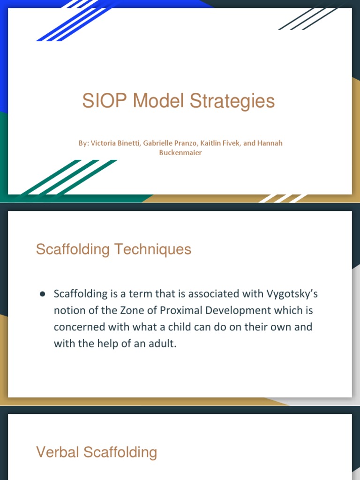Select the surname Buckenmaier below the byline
click(180, 153)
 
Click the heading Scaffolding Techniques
click(113, 249)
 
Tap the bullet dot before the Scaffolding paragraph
click(42, 294)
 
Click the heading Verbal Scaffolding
click(96, 452)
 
